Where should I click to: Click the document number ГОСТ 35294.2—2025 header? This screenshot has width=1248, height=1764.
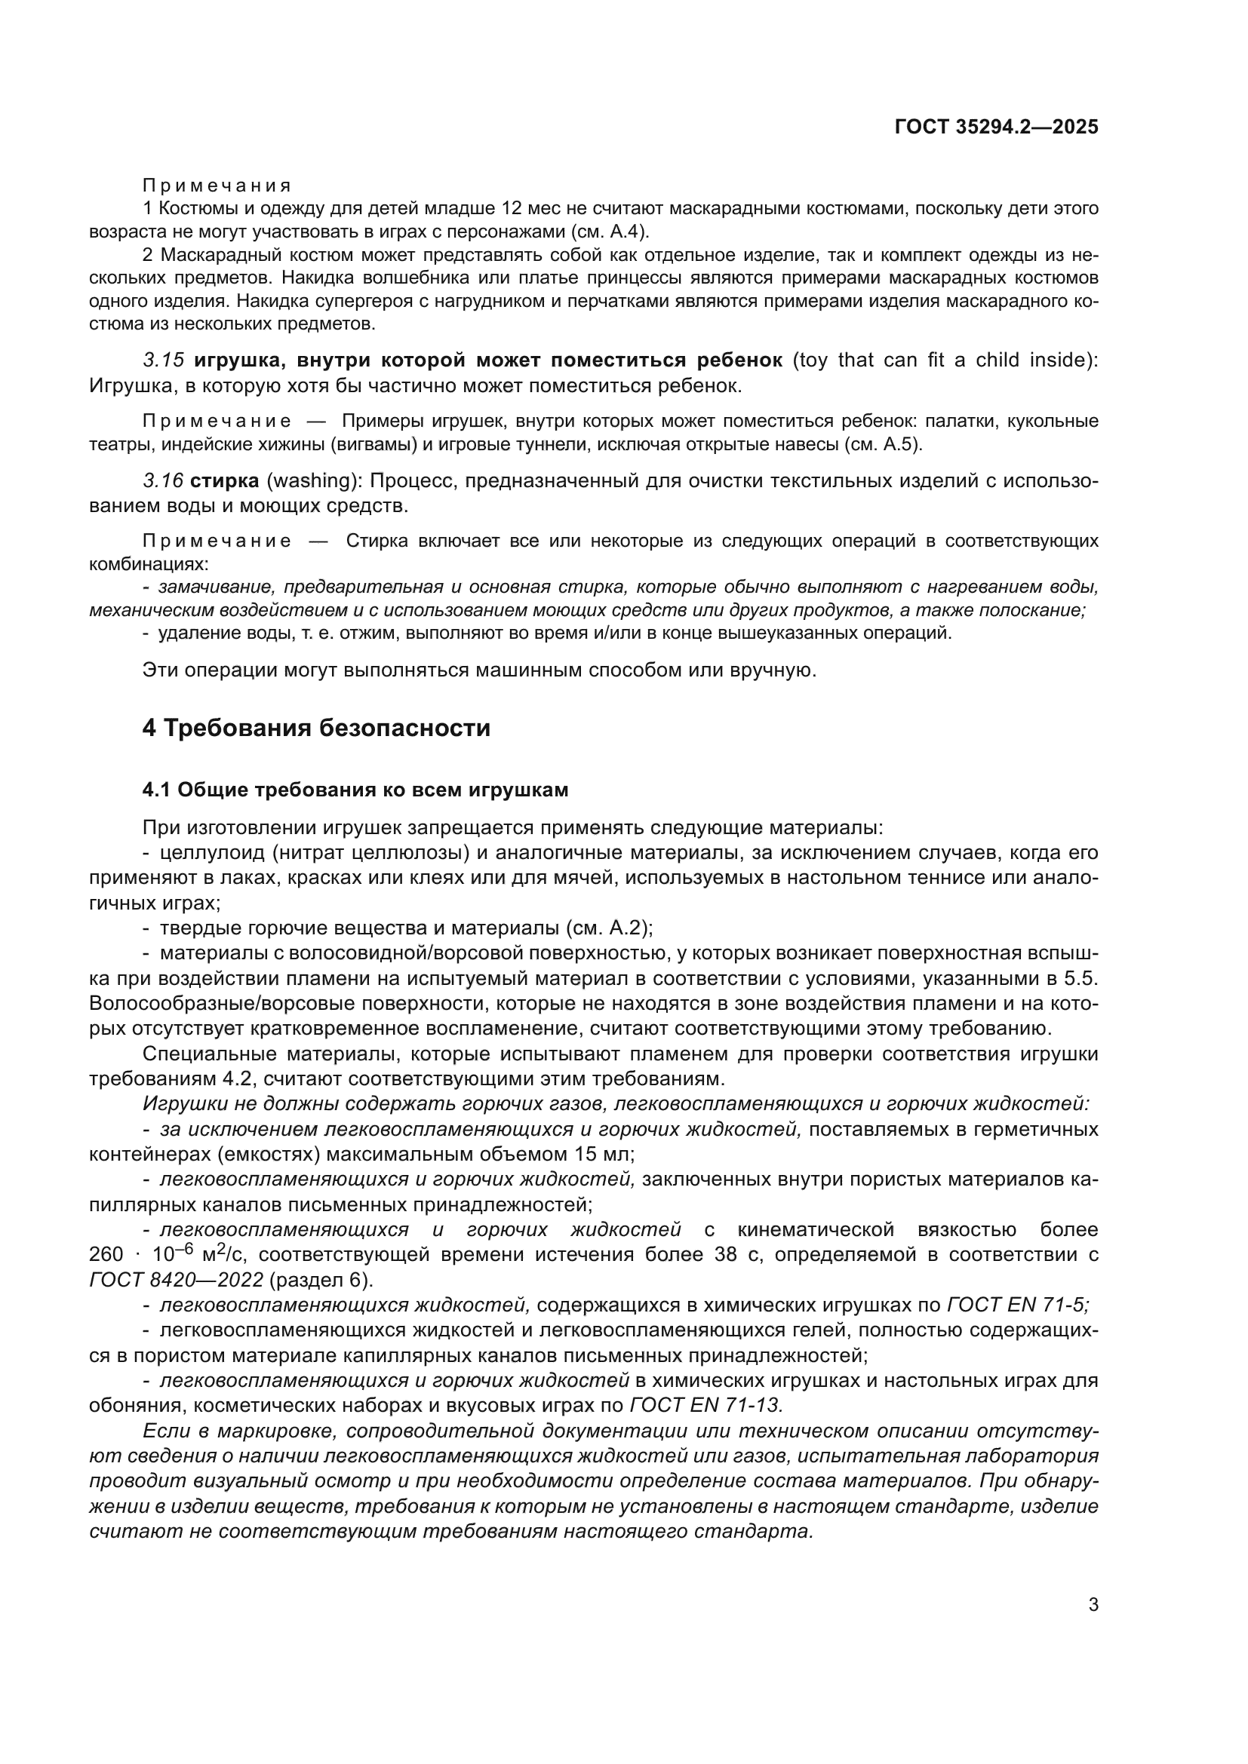[996, 127]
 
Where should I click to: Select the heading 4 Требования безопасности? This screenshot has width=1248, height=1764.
[316, 727]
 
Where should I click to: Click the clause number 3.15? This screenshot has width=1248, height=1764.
[163, 360]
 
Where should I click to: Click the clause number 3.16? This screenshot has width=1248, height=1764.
[163, 480]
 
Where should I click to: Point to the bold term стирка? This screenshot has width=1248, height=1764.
[224, 480]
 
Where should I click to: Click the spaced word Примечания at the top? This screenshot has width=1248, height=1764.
[217, 186]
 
